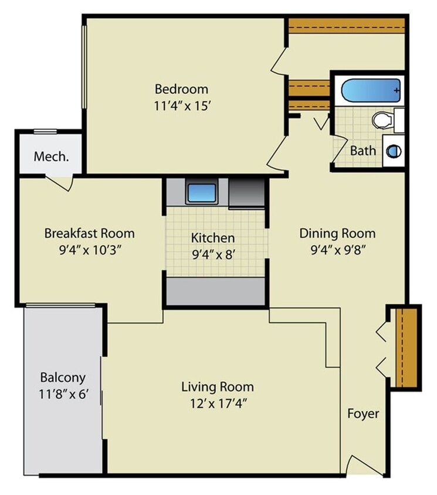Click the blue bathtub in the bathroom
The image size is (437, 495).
371,91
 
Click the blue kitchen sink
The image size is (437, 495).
202,192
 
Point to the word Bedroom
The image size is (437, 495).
181,89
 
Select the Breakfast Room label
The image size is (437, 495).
89,233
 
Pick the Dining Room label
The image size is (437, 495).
337,233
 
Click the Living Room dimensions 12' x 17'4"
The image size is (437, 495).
217,404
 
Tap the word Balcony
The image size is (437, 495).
63,377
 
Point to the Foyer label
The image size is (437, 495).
363,413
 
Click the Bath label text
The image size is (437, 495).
363,151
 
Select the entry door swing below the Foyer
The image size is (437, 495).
357,465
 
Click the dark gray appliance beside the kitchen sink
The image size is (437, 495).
246,193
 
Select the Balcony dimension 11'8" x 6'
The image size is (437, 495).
63,394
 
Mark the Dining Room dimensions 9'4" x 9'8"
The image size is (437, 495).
337,249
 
